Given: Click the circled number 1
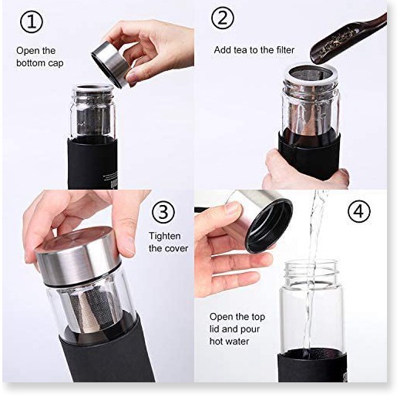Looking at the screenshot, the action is tap(32, 22).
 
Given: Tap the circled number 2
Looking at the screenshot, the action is tap(223, 18).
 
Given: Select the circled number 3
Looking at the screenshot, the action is tap(163, 212).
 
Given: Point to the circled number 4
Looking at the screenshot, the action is tap(359, 211).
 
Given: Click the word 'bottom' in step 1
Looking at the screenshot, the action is tap(30, 62).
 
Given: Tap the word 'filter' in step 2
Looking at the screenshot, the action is tap(284, 49).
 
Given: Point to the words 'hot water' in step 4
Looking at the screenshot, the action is tap(230, 341).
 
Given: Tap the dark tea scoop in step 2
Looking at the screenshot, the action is tap(347, 40).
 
